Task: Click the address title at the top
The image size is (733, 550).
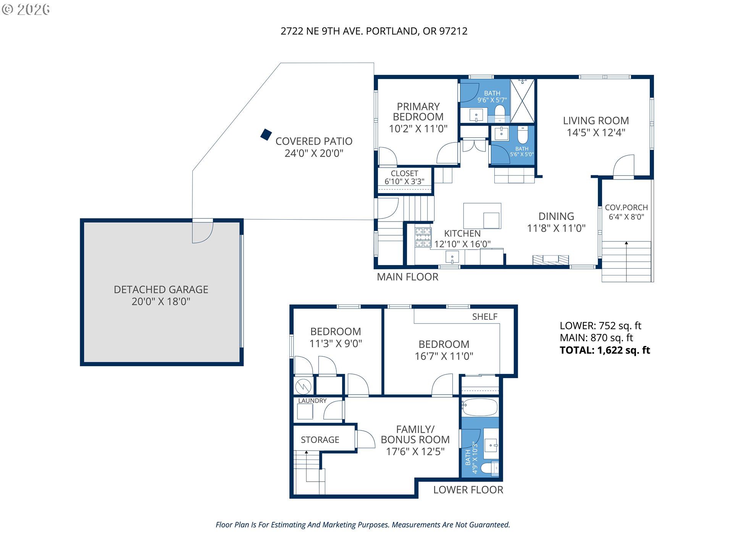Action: pos(374,31)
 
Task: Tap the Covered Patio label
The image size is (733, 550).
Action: pos(314,141)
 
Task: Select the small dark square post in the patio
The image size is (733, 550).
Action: pos(266,134)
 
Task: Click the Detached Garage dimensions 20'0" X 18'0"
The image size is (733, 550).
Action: pos(161,301)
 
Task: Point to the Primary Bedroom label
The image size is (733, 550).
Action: pos(418,112)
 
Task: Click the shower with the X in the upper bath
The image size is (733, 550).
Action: pos(522,101)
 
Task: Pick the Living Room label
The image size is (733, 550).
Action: pos(596,121)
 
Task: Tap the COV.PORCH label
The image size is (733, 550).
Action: pos(626,207)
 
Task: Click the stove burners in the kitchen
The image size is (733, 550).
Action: pos(423,237)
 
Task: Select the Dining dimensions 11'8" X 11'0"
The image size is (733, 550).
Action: pos(556,228)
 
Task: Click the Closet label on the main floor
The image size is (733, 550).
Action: pos(404,173)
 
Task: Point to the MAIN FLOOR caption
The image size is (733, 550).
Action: pos(407,277)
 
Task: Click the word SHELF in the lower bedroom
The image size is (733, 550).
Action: pos(484,317)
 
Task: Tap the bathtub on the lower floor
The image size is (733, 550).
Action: pos(480,408)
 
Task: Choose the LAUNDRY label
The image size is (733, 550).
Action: pos(312,401)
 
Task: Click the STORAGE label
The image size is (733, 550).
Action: pos(320,440)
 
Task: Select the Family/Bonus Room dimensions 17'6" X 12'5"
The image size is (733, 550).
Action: pos(415,451)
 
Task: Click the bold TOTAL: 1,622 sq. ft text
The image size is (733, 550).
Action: pos(605,350)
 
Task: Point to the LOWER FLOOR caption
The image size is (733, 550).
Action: pos(468,490)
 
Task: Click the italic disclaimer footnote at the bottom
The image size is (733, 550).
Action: pos(363,525)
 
